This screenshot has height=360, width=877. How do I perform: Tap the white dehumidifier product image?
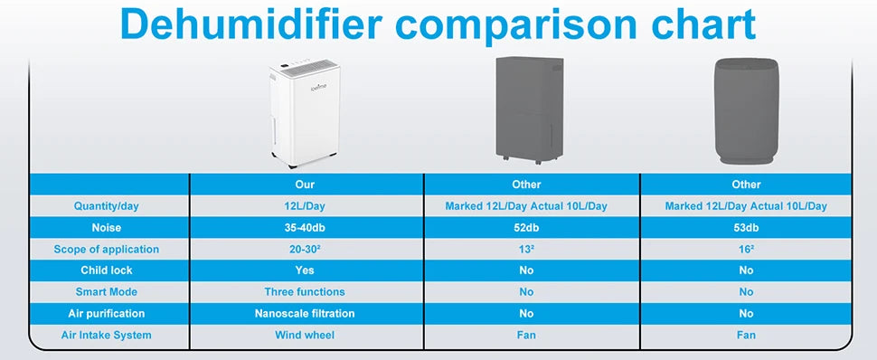click(x=304, y=115)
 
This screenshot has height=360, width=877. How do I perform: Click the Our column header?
click(x=304, y=185)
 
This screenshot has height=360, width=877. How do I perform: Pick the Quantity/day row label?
click(x=106, y=206)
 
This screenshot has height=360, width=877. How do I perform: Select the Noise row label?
click(x=106, y=228)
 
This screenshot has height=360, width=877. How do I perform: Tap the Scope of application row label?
click(x=106, y=249)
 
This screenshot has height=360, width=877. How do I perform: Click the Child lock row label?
click(x=106, y=270)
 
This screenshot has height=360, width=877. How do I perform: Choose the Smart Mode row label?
click(x=106, y=292)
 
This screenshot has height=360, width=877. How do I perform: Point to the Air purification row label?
click(x=106, y=313)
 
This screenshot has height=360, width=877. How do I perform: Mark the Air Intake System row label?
click(x=106, y=335)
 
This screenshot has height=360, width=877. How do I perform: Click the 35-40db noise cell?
click(x=304, y=228)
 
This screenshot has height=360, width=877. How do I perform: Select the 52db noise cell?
click(x=526, y=228)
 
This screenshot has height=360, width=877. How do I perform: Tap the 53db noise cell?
click(x=746, y=228)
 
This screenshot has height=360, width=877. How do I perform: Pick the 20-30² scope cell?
click(x=304, y=249)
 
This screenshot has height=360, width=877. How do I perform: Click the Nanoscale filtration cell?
click(x=304, y=313)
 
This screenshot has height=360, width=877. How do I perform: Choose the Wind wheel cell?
click(x=304, y=335)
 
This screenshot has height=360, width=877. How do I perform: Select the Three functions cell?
click(x=304, y=292)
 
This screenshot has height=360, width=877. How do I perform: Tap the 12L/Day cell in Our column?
click(x=304, y=206)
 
